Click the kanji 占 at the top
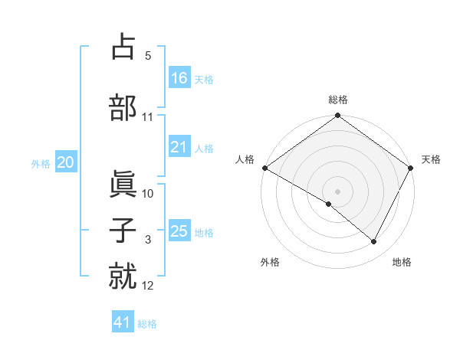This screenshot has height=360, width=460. point(123,47)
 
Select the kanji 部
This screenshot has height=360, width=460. point(123,108)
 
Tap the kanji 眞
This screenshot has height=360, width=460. point(123,185)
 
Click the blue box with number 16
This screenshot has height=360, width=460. point(179,77)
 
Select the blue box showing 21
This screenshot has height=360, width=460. point(179,147)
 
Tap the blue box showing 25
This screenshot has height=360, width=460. point(179,231)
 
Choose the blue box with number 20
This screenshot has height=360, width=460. point(66,162)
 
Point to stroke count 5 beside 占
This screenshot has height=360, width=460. point(148,57)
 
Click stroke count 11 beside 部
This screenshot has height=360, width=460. point(148,117)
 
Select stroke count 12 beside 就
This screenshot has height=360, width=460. point(148,286)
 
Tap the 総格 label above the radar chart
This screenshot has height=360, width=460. point(338,100)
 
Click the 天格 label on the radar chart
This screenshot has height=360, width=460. point(431,159)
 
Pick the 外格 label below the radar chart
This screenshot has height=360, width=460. point(270,262)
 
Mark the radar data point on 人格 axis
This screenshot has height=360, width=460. point(264,168)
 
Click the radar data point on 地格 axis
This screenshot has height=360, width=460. point(374,242)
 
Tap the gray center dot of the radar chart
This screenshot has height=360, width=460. point(337,191)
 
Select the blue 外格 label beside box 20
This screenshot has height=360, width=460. point(41,163)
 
